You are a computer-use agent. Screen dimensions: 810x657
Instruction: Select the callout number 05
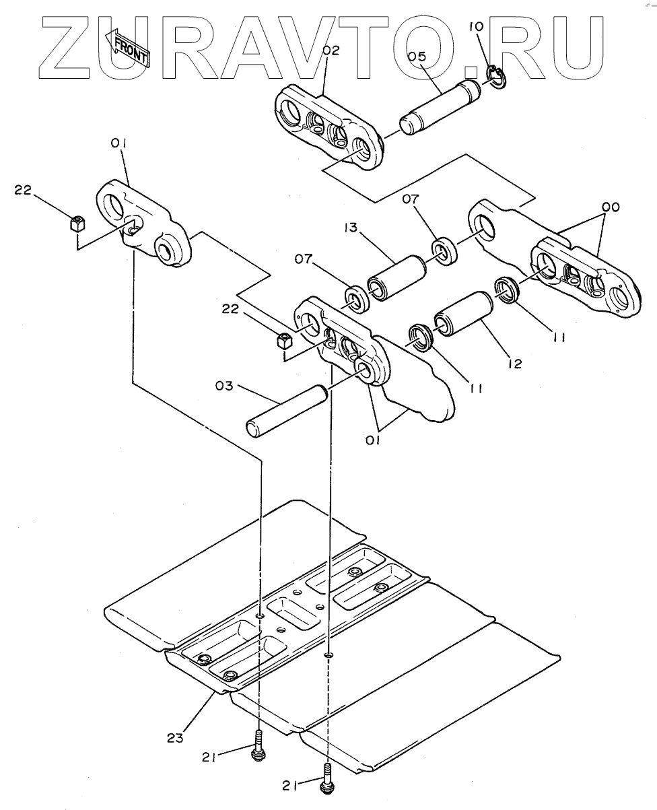pyautogui.click(x=417, y=57)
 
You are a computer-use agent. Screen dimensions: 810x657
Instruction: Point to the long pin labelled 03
pyautogui.click(x=285, y=411)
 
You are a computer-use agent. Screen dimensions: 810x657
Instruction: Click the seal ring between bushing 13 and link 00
pyautogui.click(x=443, y=251)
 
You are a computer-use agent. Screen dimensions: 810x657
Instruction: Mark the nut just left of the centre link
pyautogui.click(x=284, y=341)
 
